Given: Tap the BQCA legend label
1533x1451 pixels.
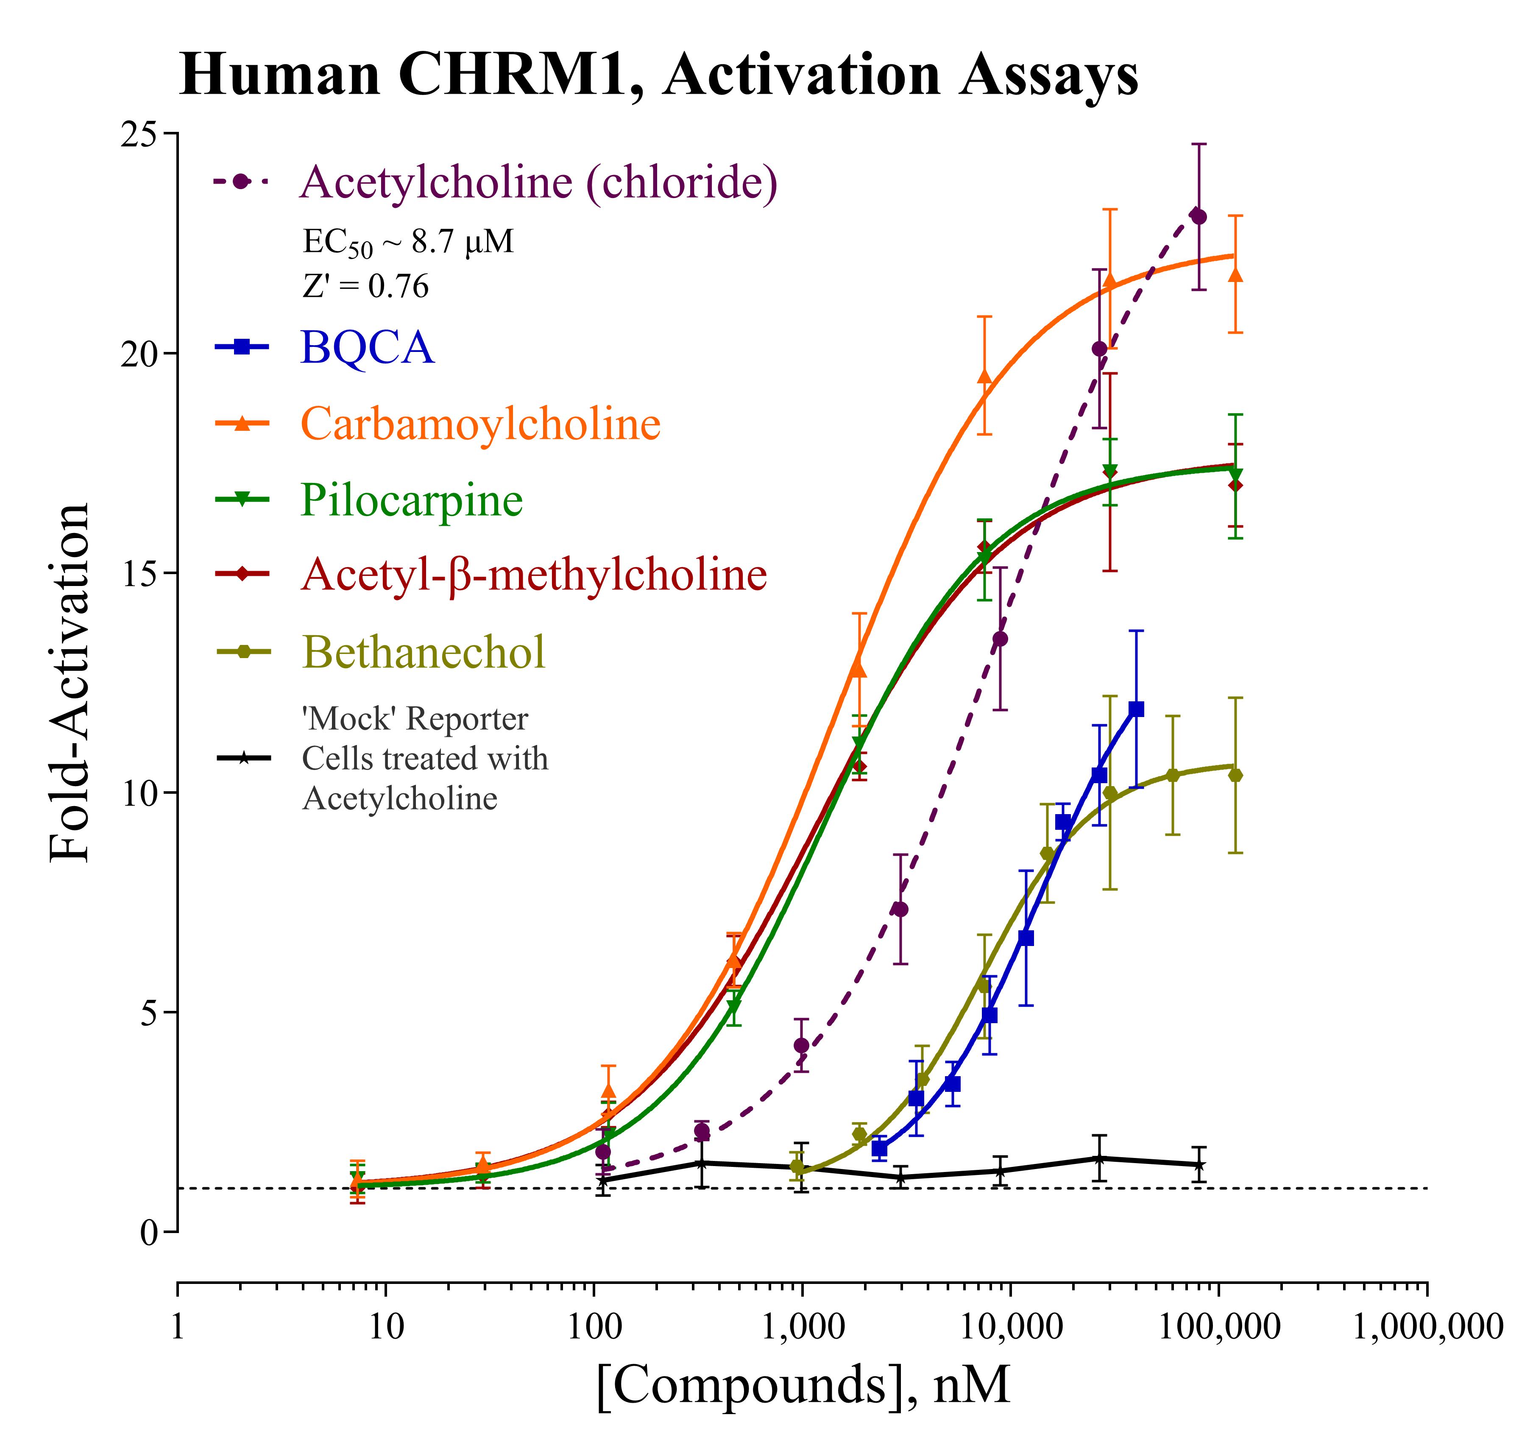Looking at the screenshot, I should point(368,347).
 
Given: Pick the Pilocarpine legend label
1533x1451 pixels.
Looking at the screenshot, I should point(412,499).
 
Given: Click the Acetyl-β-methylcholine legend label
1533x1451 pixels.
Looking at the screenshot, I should point(534,574).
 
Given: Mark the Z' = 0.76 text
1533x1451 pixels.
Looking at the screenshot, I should point(365,287).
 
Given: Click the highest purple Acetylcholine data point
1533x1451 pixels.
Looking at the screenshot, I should point(1198,217).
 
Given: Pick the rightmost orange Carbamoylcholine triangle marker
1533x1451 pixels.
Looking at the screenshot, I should point(1235,275).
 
